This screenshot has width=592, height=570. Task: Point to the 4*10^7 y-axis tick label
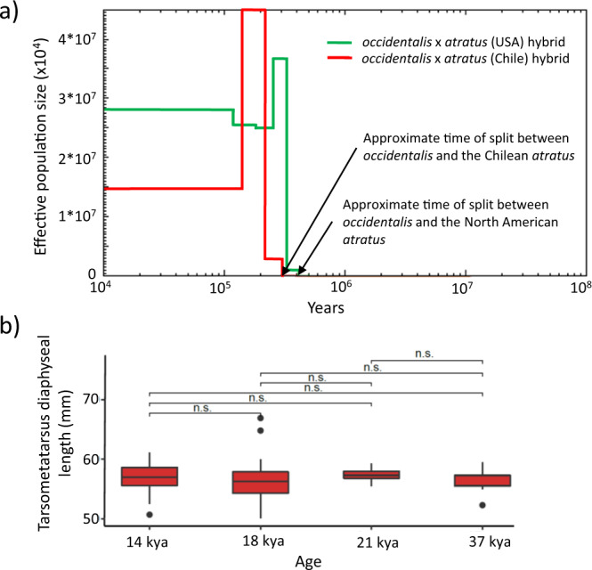pyautogui.click(x=70, y=40)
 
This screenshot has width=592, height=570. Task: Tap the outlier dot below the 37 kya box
pyautogui.click(x=481, y=505)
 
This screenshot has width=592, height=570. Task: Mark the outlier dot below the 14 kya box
pyautogui.click(x=149, y=514)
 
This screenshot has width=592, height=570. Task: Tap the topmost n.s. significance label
pyautogui.click(x=426, y=354)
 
